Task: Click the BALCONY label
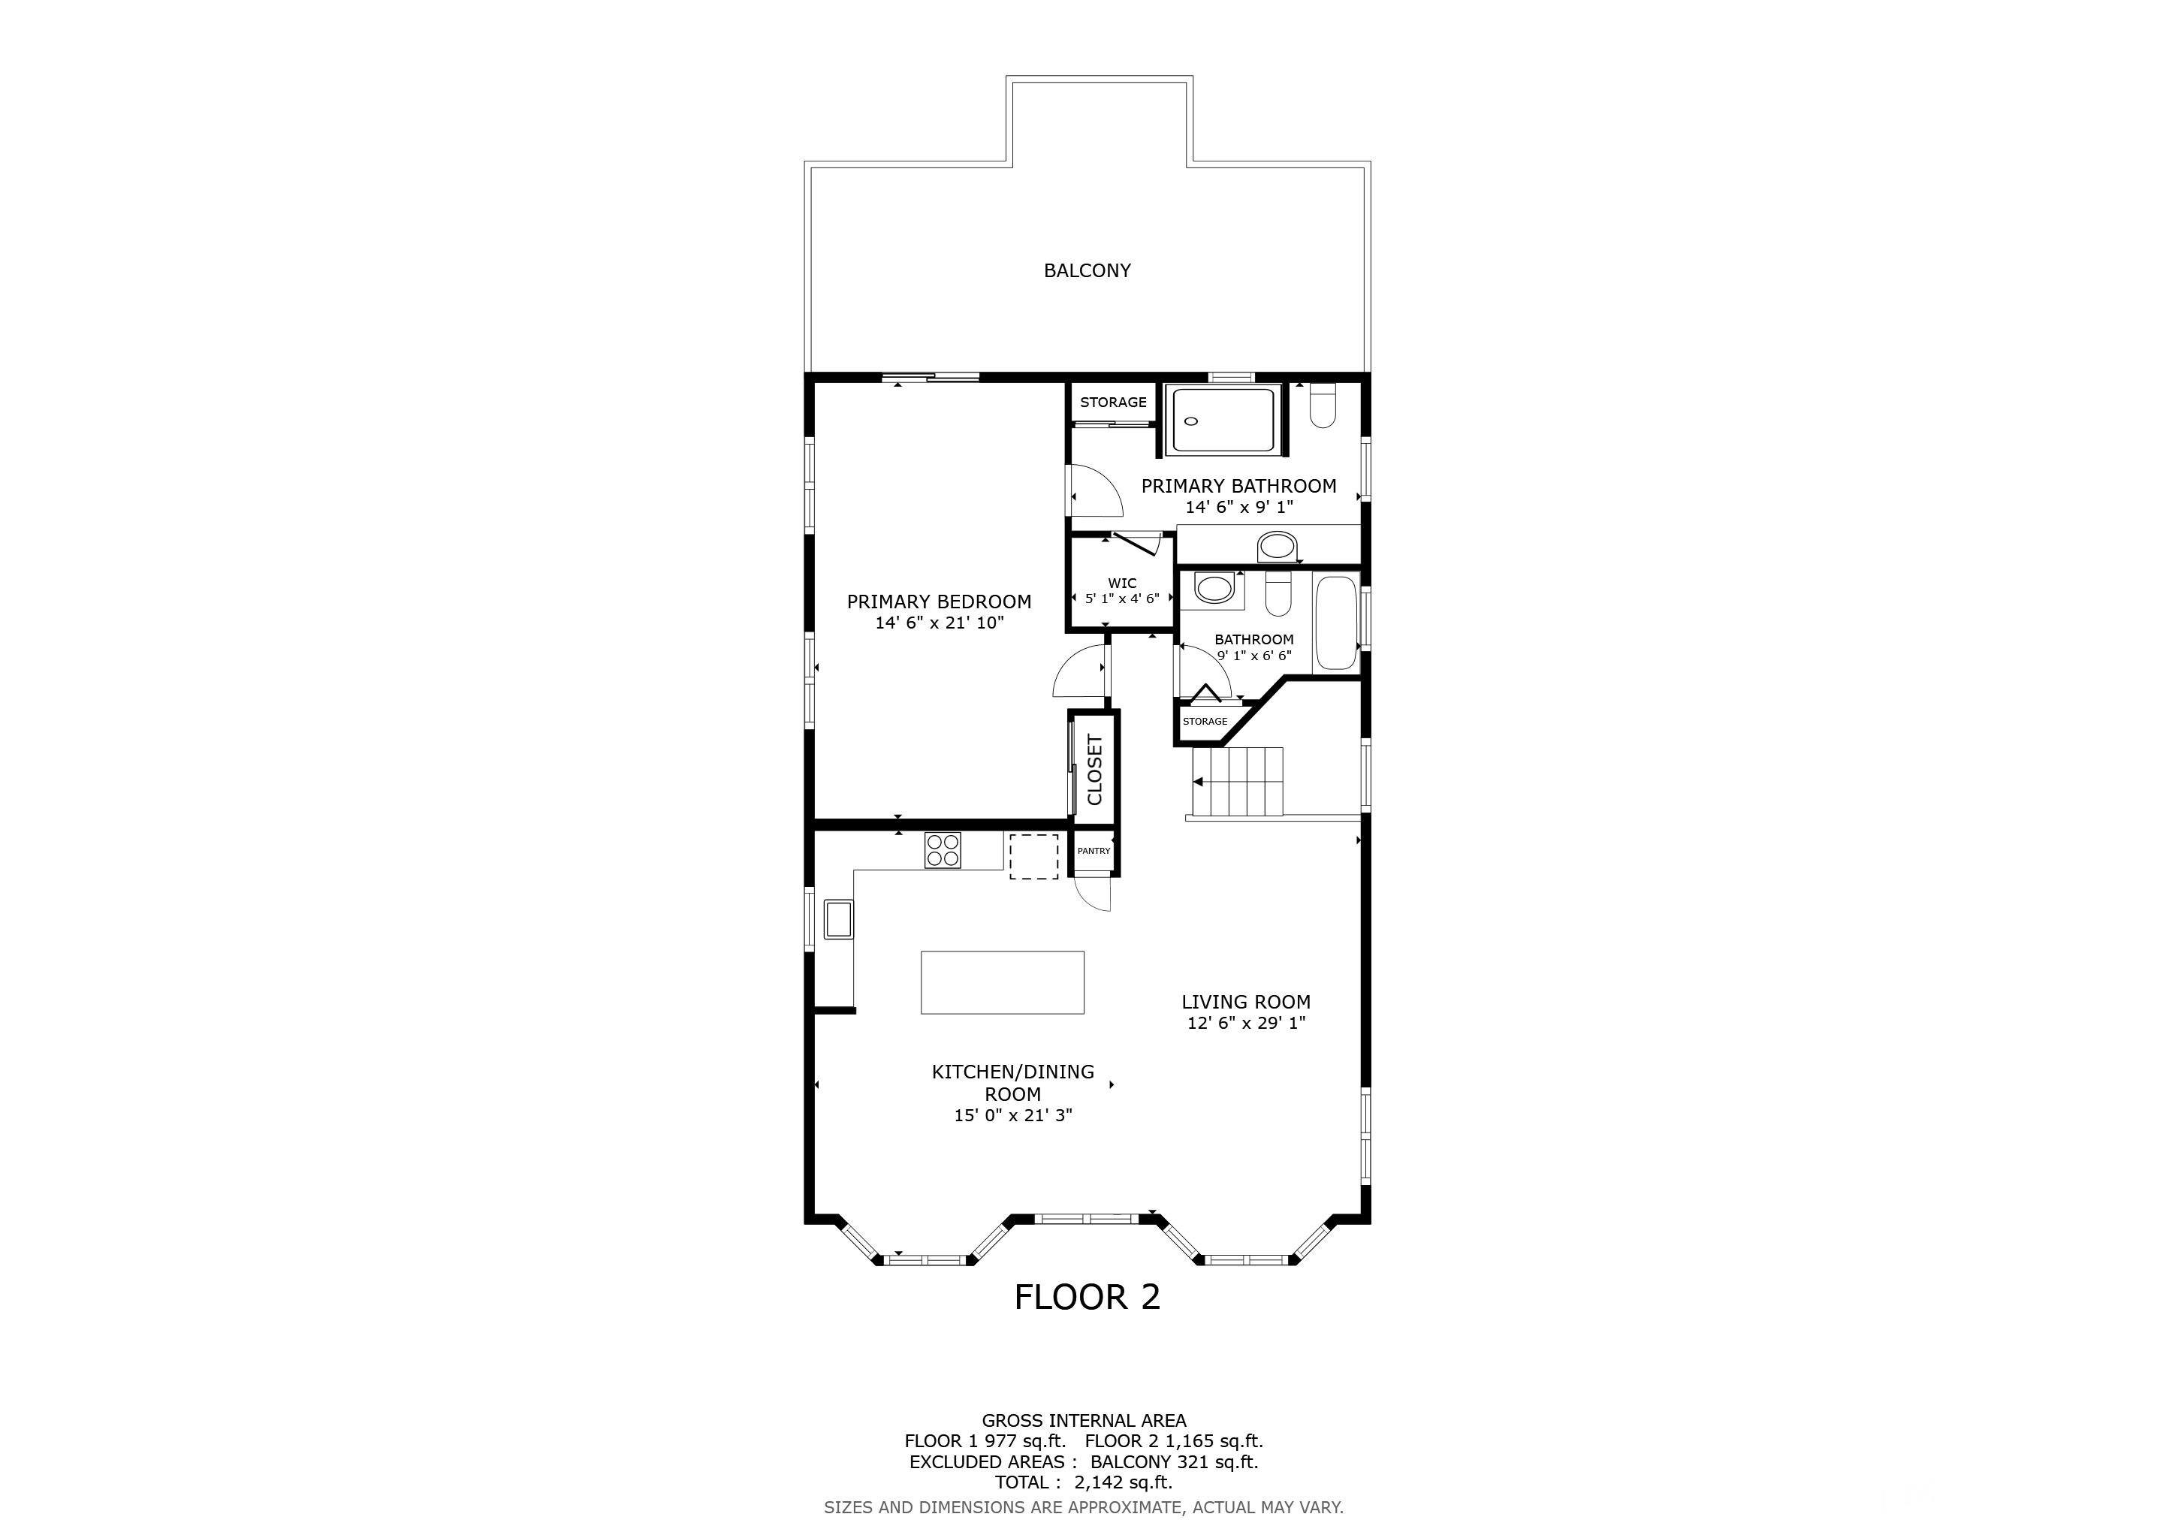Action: point(1087,271)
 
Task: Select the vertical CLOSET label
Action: point(1095,770)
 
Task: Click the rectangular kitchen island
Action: point(1002,982)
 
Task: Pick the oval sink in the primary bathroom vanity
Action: point(1276,547)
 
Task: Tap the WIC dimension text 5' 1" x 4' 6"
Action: point(1123,599)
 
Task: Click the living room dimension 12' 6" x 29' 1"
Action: point(1247,1023)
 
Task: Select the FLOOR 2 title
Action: point(1087,1298)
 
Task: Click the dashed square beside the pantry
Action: point(1033,856)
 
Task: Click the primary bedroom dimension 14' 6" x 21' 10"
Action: point(939,623)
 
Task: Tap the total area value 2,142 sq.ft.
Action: point(1123,1482)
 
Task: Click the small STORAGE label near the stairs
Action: point(1205,722)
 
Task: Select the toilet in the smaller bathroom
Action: point(1279,593)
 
